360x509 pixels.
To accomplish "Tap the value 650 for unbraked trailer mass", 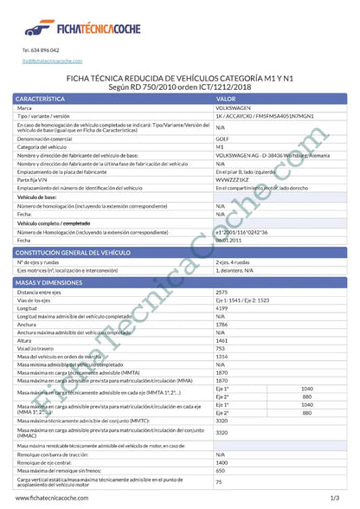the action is (219, 469).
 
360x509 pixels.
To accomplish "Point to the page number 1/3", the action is (334, 499).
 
